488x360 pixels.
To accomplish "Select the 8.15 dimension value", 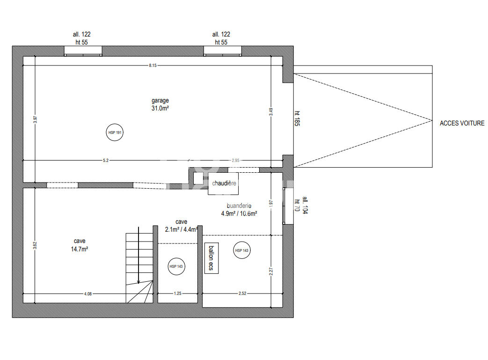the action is pos(153,66).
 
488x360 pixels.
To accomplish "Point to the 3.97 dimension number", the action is pos(35,119).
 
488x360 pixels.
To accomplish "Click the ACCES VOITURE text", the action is pos(462,123).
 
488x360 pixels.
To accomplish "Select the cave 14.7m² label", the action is pos(80,245).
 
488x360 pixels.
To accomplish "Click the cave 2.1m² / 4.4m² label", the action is pos(182,226).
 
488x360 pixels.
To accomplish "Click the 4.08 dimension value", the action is pos(88,294).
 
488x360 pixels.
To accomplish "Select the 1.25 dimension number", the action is pos(177,294).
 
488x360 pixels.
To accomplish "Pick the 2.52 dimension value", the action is pos(242,294).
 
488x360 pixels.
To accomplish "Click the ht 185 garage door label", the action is pos(297,118).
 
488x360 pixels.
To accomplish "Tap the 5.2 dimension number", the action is pos(106,161).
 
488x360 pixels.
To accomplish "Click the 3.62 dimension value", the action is pos(35,245).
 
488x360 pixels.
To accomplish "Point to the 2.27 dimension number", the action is pos(271,271).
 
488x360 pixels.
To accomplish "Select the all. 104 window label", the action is pos(305,205).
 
